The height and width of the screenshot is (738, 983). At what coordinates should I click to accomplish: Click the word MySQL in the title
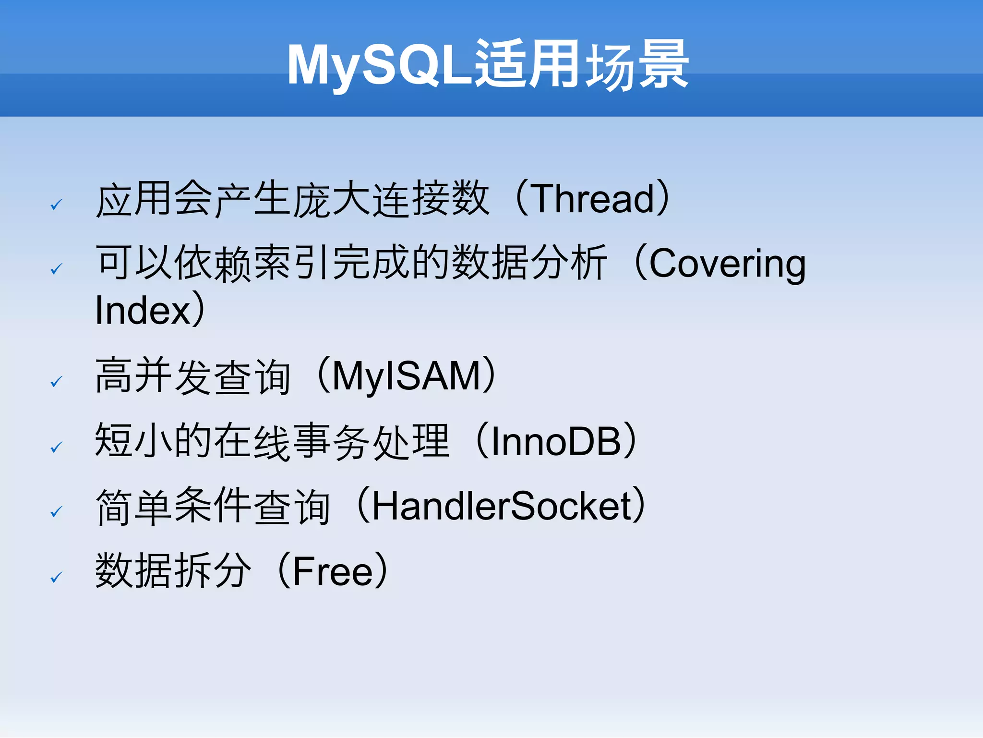tap(379, 65)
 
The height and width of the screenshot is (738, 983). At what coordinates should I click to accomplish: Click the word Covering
tap(727, 264)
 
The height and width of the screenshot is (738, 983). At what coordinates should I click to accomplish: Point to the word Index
tap(143, 311)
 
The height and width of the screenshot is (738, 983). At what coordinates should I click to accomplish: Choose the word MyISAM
tap(406, 376)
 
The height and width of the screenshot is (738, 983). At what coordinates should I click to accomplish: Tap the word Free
tap(332, 571)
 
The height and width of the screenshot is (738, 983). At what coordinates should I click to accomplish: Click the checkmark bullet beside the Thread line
tap(57, 205)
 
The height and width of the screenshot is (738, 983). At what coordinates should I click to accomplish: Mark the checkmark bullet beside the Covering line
tap(57, 269)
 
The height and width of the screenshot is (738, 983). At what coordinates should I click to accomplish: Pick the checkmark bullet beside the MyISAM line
tap(57, 382)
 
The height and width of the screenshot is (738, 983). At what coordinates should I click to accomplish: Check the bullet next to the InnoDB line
tap(57, 447)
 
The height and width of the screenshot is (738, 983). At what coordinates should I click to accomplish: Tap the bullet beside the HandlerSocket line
tap(57, 512)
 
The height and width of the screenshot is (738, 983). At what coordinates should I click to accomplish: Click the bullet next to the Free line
tap(57, 577)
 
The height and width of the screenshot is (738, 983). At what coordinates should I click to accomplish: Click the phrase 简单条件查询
tap(213, 506)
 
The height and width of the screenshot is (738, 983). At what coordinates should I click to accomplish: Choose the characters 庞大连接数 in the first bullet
tap(391, 199)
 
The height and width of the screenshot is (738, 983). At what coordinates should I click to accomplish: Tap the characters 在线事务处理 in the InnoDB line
tap(331, 441)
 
